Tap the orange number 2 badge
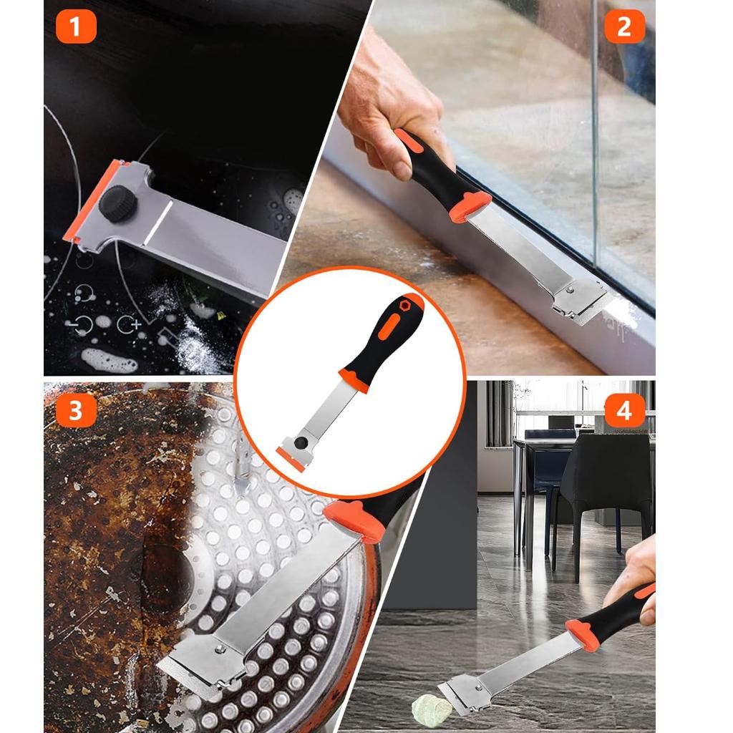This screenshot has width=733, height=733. coord(624,27)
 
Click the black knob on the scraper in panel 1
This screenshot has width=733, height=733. coord(118,204)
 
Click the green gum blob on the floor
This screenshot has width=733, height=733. coord(432,708)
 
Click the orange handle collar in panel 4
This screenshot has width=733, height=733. coord(583,634)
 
